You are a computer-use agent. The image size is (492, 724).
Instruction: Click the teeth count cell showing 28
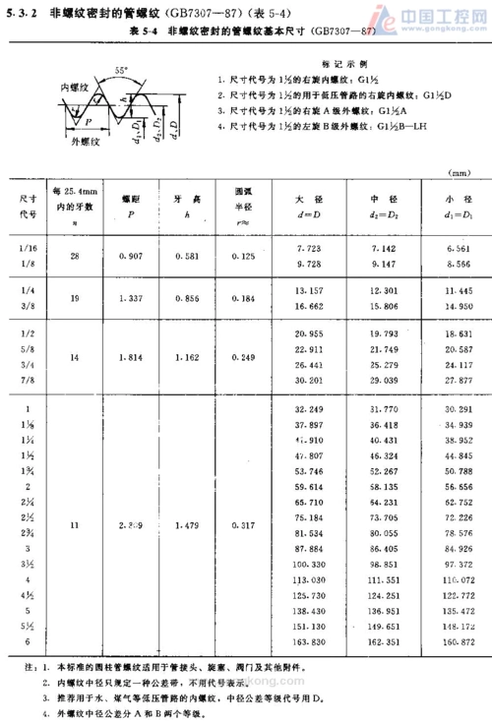75,255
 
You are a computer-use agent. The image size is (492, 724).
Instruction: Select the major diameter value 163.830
309,641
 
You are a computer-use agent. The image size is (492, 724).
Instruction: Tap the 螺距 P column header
130,207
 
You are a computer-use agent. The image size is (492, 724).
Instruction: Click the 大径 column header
309,207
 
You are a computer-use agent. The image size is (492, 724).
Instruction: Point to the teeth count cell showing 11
75,525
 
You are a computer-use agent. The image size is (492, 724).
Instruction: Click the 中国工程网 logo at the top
433,15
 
